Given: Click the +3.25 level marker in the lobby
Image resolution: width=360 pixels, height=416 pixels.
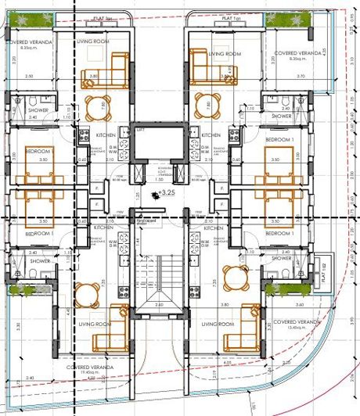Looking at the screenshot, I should point(164,192).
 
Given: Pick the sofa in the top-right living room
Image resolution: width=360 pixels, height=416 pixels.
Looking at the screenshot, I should point(209,67).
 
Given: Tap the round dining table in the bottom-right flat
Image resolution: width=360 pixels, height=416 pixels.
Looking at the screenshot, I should point(234,277).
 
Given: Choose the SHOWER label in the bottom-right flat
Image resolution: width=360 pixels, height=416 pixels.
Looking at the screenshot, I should point(282,258).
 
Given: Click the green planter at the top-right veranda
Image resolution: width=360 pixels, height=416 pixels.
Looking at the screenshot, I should point(278,19).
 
